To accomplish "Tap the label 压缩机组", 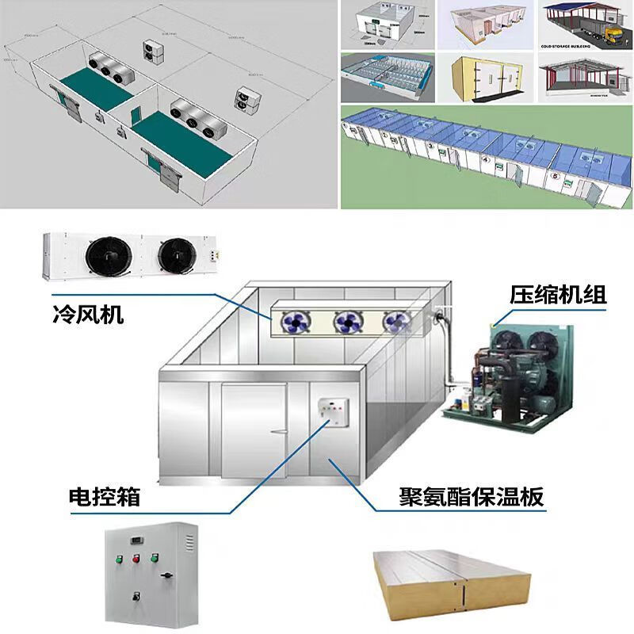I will click(558, 296).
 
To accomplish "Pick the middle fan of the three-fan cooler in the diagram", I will click(347, 321).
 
